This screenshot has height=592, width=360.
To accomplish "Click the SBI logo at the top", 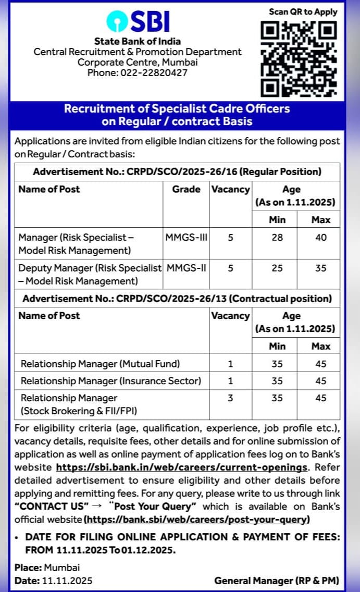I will tap(138, 21).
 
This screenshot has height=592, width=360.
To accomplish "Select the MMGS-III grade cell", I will tap(186, 238).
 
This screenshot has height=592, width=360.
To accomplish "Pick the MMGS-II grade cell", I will tap(186, 268).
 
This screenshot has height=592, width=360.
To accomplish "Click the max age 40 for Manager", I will tap(321, 238).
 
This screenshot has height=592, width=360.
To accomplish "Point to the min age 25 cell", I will tap(277, 268).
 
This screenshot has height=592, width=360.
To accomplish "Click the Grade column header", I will tap(186, 189).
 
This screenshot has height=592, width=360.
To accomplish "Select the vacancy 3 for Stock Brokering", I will tap(230, 398).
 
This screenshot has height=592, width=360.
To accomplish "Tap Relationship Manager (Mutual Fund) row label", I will tap(100, 364).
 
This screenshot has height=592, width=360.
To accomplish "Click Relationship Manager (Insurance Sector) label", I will tap(110, 381).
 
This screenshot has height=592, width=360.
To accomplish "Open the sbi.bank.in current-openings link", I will tap(181, 467).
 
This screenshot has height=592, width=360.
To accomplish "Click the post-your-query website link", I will tap(197, 520).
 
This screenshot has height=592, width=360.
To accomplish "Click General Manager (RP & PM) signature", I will tap(277, 580).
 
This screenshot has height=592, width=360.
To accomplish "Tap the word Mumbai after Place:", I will tap(62, 568).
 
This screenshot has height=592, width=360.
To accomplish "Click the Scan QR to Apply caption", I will tap(303, 11).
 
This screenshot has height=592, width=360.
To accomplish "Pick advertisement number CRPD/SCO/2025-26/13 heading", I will tap(177, 299).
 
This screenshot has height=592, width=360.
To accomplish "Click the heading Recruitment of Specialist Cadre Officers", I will tap(177, 109).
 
